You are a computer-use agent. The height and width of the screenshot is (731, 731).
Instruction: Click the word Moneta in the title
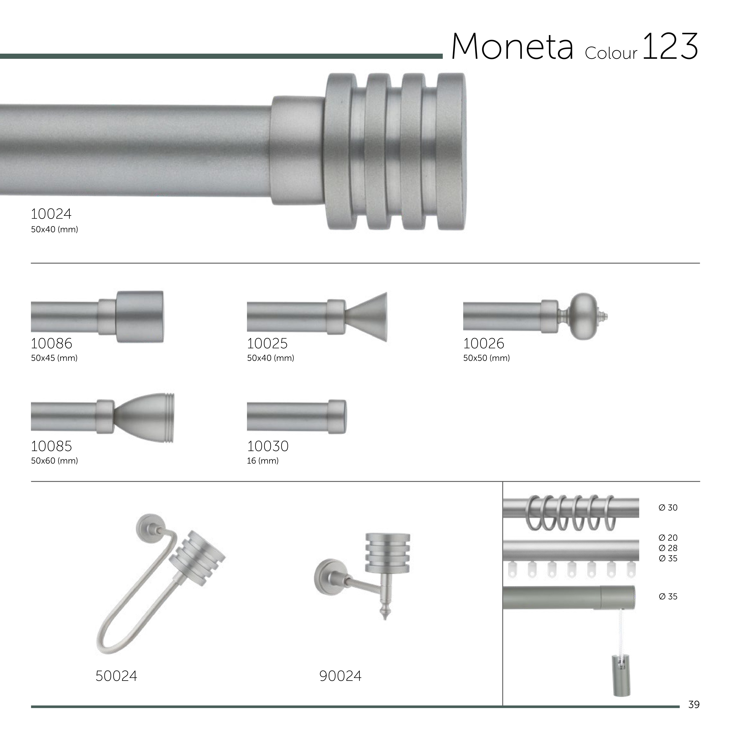[x=512, y=47]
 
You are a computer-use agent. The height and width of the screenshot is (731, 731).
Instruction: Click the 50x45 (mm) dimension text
[x=54, y=358]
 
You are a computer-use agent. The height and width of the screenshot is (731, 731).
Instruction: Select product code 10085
[x=51, y=446]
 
